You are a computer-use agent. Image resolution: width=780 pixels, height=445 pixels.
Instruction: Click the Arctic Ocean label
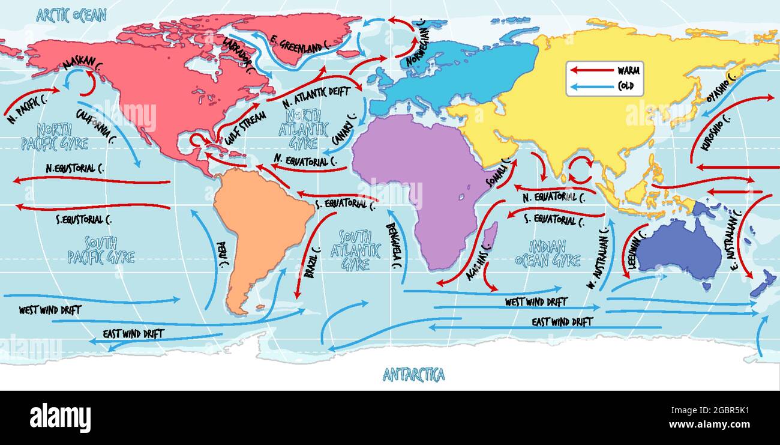point(71,14)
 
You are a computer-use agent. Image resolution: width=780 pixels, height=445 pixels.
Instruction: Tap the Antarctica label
point(414,375)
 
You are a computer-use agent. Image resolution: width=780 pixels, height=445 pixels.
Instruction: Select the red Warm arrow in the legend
point(590,70)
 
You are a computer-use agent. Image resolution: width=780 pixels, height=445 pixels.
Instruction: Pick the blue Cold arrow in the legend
point(590,86)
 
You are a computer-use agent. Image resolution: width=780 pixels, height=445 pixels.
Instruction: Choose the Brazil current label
point(313,263)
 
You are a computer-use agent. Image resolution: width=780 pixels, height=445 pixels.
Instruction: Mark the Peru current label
point(223,255)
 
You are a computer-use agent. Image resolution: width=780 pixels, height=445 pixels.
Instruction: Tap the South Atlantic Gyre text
point(356,250)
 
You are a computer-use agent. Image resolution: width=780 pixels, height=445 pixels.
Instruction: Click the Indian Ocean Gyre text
point(548,253)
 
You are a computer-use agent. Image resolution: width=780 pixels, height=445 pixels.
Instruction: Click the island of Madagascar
point(489,236)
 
